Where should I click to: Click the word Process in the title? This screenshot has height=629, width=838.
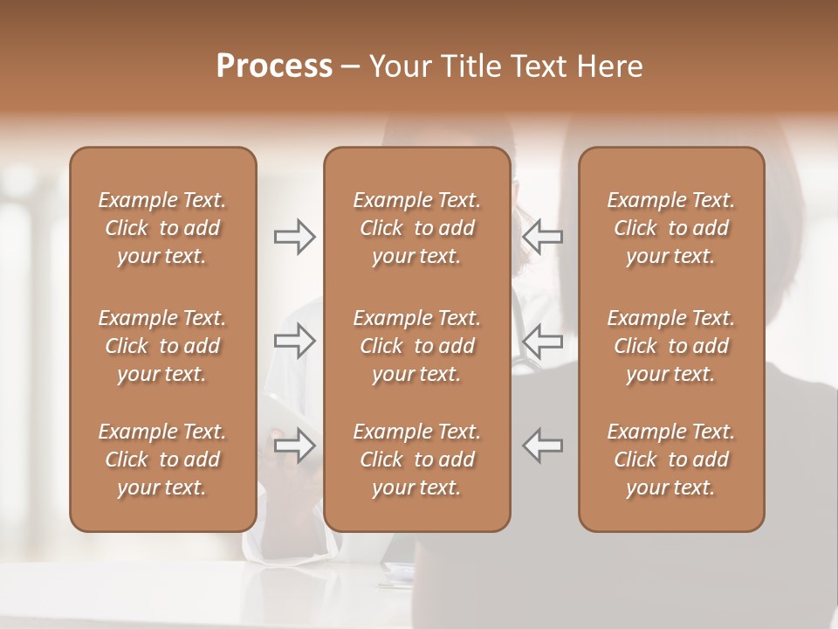click(x=274, y=66)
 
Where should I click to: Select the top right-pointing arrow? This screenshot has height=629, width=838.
click(x=295, y=237)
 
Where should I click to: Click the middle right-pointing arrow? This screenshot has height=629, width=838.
click(x=295, y=341)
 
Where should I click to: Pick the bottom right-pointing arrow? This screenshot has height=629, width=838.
click(x=295, y=446)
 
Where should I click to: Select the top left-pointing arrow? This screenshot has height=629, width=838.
click(x=542, y=237)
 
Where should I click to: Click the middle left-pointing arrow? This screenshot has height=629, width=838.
click(x=542, y=341)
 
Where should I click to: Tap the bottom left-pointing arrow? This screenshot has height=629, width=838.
click(x=542, y=446)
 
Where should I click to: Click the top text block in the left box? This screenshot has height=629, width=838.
click(x=162, y=228)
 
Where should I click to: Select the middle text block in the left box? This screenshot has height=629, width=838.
click(x=162, y=346)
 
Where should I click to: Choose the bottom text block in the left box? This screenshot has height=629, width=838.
click(x=162, y=460)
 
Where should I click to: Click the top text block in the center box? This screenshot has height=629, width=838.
click(x=417, y=228)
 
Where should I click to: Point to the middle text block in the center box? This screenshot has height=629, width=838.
click(x=417, y=346)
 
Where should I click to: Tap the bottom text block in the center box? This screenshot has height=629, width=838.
click(x=417, y=460)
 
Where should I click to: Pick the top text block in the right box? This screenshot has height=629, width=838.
click(x=671, y=228)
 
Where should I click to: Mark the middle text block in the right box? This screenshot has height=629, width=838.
click(x=671, y=346)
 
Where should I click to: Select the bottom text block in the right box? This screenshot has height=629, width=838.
click(x=671, y=460)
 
